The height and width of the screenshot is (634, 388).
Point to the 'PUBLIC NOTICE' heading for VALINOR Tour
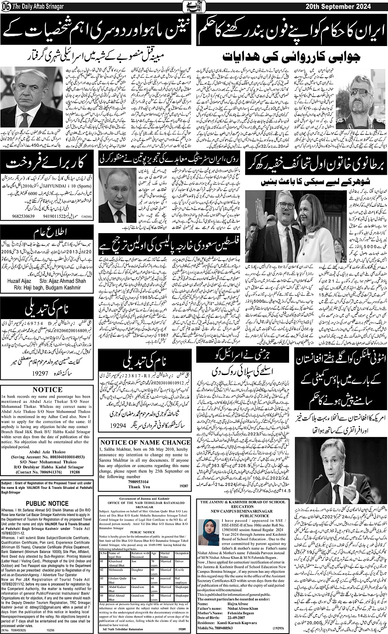[x=47, y=504]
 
